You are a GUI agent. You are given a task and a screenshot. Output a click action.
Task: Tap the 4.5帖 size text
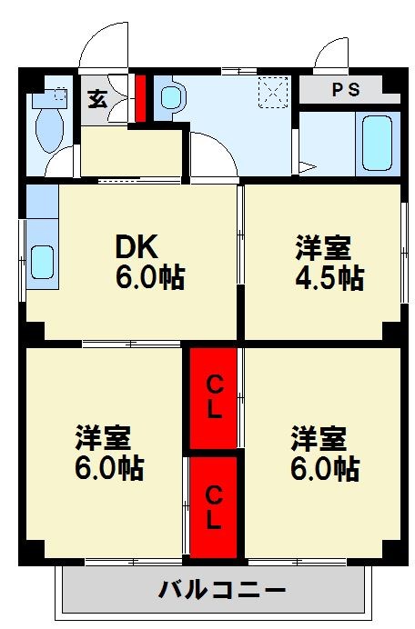coord(329,277)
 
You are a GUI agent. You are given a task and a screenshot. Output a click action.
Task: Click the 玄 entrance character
coord(96,98)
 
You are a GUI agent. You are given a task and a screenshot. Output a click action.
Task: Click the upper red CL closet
coord(213,396)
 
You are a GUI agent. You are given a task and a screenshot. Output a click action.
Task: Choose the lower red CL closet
coord(213,507)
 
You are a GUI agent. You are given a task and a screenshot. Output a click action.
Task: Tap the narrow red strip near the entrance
coord(140,96)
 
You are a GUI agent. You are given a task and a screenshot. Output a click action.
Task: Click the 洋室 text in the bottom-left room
coord(102,438)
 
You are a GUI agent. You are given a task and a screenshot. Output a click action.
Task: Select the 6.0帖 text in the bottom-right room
coord(324,469)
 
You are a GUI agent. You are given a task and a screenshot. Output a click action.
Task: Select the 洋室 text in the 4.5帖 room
coord(322,246)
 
